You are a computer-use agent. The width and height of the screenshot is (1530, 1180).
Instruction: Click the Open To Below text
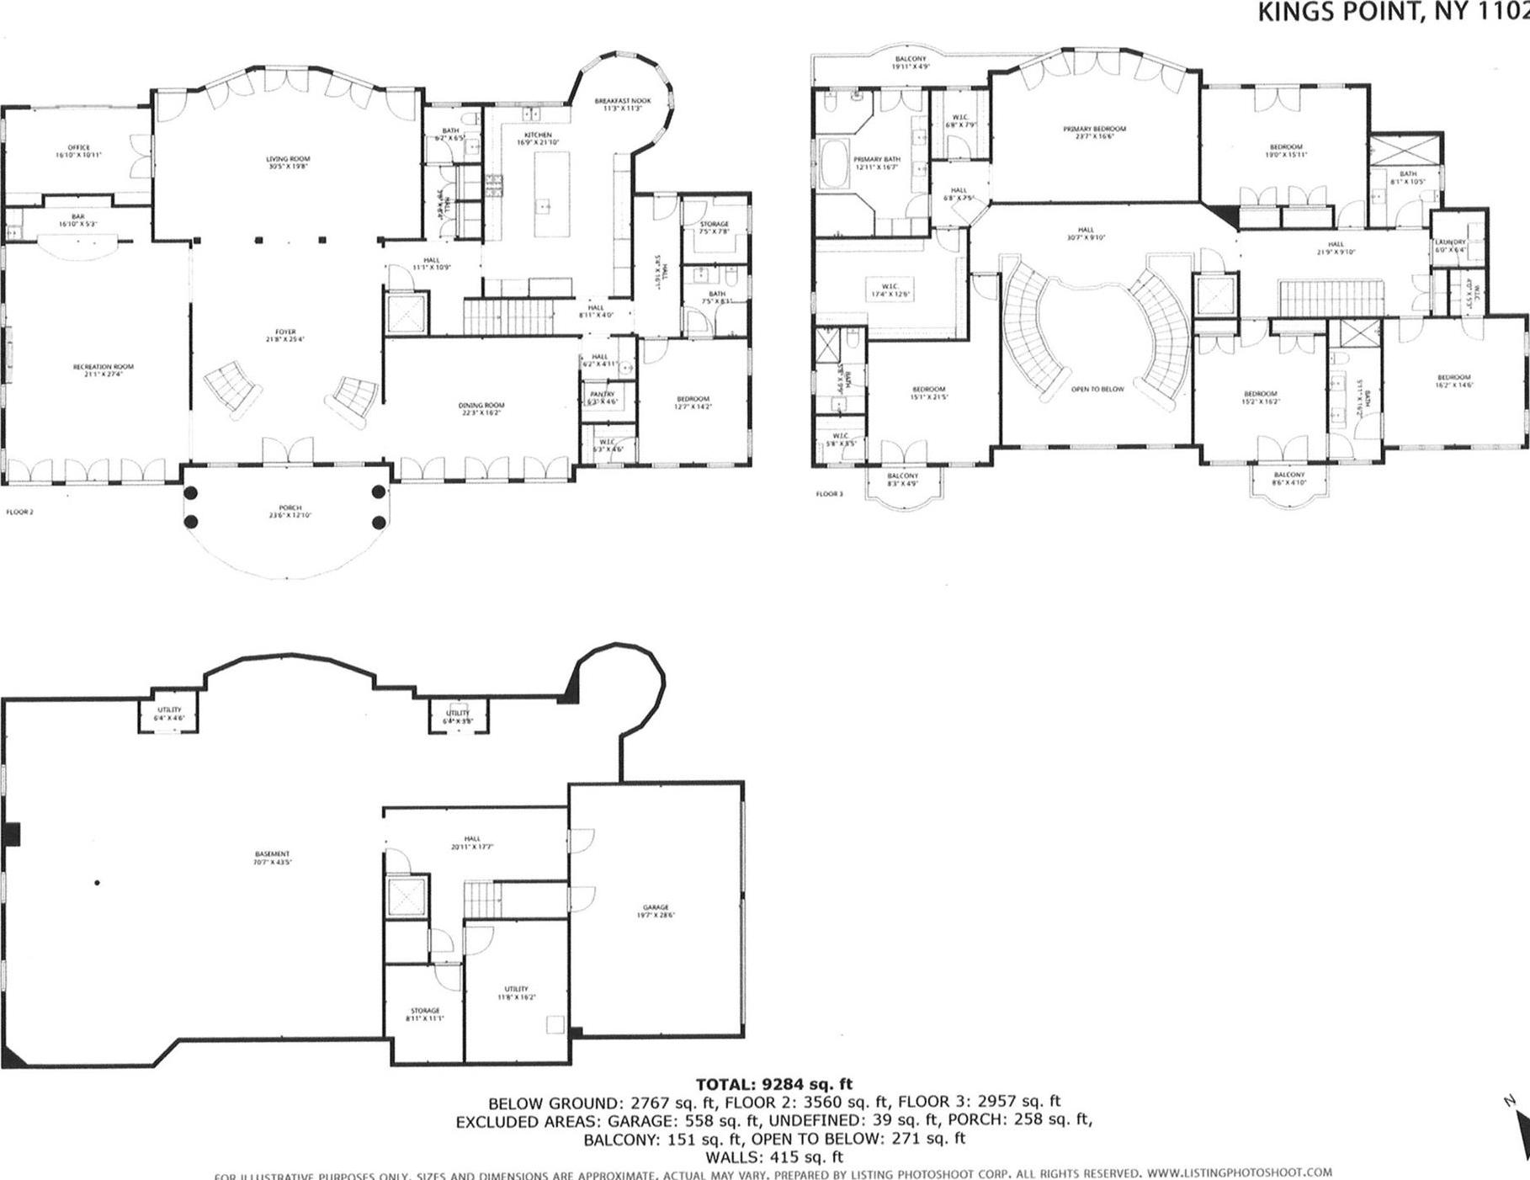1097,390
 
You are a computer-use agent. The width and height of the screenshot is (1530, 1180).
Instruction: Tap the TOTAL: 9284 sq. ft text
773,1084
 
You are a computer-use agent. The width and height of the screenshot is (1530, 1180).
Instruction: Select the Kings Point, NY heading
1393,12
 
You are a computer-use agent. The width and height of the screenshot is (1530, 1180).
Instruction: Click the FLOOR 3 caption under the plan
828,494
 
